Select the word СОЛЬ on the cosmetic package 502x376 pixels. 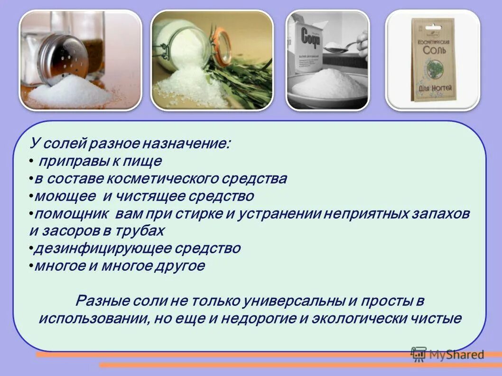point(433,50)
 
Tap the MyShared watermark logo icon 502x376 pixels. point(418,354)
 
